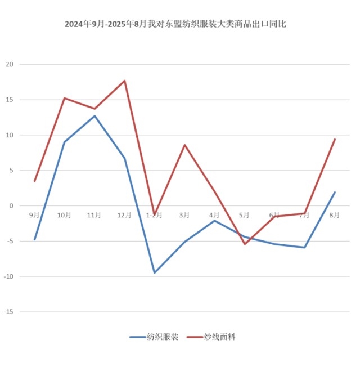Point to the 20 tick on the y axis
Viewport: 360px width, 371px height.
point(9,65)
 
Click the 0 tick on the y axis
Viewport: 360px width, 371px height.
point(11,206)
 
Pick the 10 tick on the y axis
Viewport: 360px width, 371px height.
point(9,135)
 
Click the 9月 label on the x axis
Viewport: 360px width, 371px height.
point(34,214)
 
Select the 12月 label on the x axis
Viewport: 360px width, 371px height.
point(124,214)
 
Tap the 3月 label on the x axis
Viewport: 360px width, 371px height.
point(184,214)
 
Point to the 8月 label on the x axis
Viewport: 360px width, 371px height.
point(335,214)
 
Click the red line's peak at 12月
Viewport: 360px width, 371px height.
point(124,81)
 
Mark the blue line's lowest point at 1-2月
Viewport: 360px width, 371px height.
point(154,272)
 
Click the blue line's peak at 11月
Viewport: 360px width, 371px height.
point(94,116)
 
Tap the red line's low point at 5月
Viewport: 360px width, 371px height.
point(245,244)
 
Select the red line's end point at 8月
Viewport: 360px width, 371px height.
point(335,139)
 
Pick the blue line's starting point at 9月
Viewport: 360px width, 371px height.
point(34,240)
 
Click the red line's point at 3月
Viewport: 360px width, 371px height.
point(184,145)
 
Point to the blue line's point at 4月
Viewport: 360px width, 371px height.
point(214,220)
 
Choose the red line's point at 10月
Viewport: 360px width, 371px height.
point(65,98)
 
